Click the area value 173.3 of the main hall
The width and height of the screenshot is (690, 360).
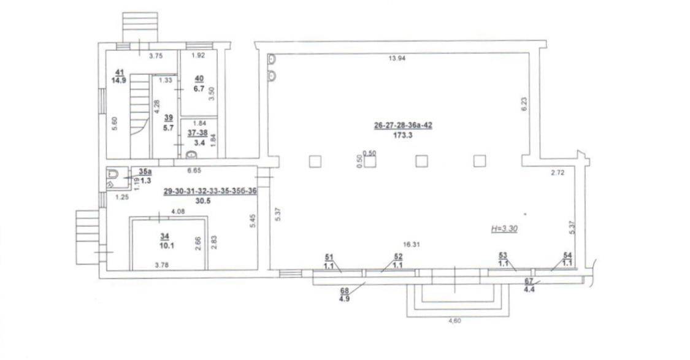click(x=403, y=136)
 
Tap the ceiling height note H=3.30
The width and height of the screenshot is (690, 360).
click(x=504, y=229)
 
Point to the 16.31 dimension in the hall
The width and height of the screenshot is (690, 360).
click(x=410, y=245)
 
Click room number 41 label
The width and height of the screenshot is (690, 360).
click(x=118, y=71)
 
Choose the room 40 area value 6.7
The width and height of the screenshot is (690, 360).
click(x=199, y=89)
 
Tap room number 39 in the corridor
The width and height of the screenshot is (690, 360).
click(x=168, y=118)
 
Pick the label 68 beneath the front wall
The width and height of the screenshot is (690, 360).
click(x=345, y=290)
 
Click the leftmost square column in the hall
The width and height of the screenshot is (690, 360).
click(x=315, y=161)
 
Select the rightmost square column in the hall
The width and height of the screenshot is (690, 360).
click(x=479, y=161)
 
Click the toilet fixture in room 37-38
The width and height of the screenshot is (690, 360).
click(x=192, y=154)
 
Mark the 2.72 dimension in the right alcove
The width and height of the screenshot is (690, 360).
click(x=558, y=173)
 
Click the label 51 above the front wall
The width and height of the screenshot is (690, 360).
click(x=328, y=256)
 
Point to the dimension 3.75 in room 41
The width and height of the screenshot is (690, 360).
click(x=156, y=56)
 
